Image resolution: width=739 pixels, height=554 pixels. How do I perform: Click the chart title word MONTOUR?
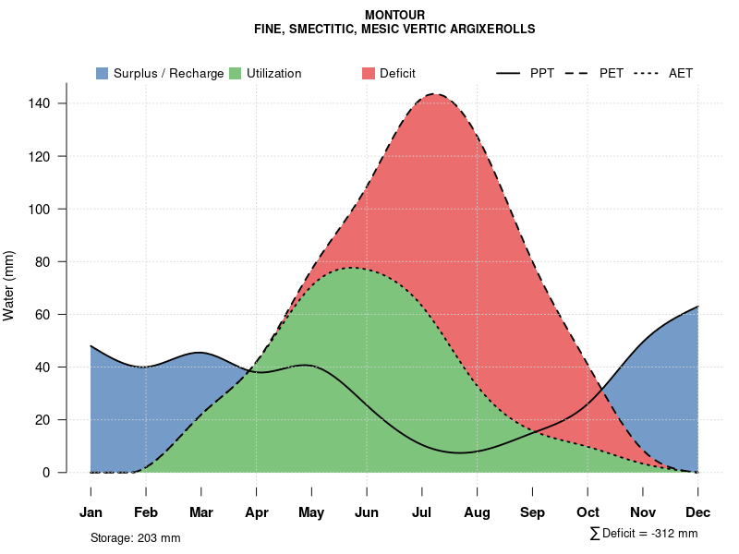[394, 16]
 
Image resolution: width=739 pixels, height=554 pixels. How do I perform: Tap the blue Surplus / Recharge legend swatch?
[103, 73]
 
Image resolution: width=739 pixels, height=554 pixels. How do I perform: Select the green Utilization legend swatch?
[236, 73]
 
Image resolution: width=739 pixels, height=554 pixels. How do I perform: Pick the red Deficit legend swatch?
[369, 73]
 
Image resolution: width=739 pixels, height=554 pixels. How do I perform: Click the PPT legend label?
[542, 73]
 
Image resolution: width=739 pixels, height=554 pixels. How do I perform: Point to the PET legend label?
[612, 73]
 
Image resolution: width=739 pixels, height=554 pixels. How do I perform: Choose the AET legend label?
[681, 73]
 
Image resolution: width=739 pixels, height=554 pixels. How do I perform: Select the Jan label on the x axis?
[91, 512]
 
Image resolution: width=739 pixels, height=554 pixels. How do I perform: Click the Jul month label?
[422, 512]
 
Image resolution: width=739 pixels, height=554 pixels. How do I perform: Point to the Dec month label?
[698, 512]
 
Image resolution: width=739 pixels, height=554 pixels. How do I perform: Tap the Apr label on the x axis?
[256, 512]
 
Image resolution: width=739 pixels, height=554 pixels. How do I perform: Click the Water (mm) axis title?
[9, 285]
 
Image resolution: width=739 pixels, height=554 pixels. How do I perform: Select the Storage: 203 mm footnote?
[135, 537]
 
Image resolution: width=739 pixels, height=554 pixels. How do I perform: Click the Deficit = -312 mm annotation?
[649, 534]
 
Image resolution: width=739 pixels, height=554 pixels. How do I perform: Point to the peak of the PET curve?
[434, 94]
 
